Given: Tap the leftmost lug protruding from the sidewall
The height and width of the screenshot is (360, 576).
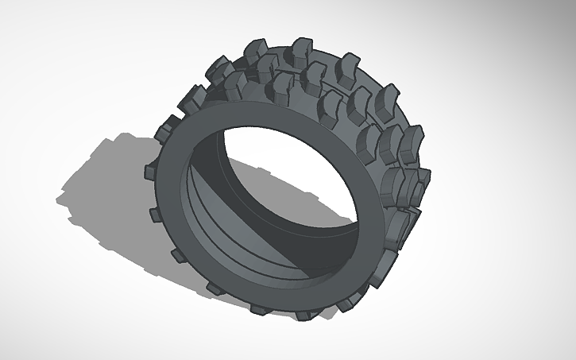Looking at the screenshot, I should tap(149, 170).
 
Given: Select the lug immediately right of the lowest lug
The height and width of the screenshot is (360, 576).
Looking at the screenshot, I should tap(347, 301).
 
